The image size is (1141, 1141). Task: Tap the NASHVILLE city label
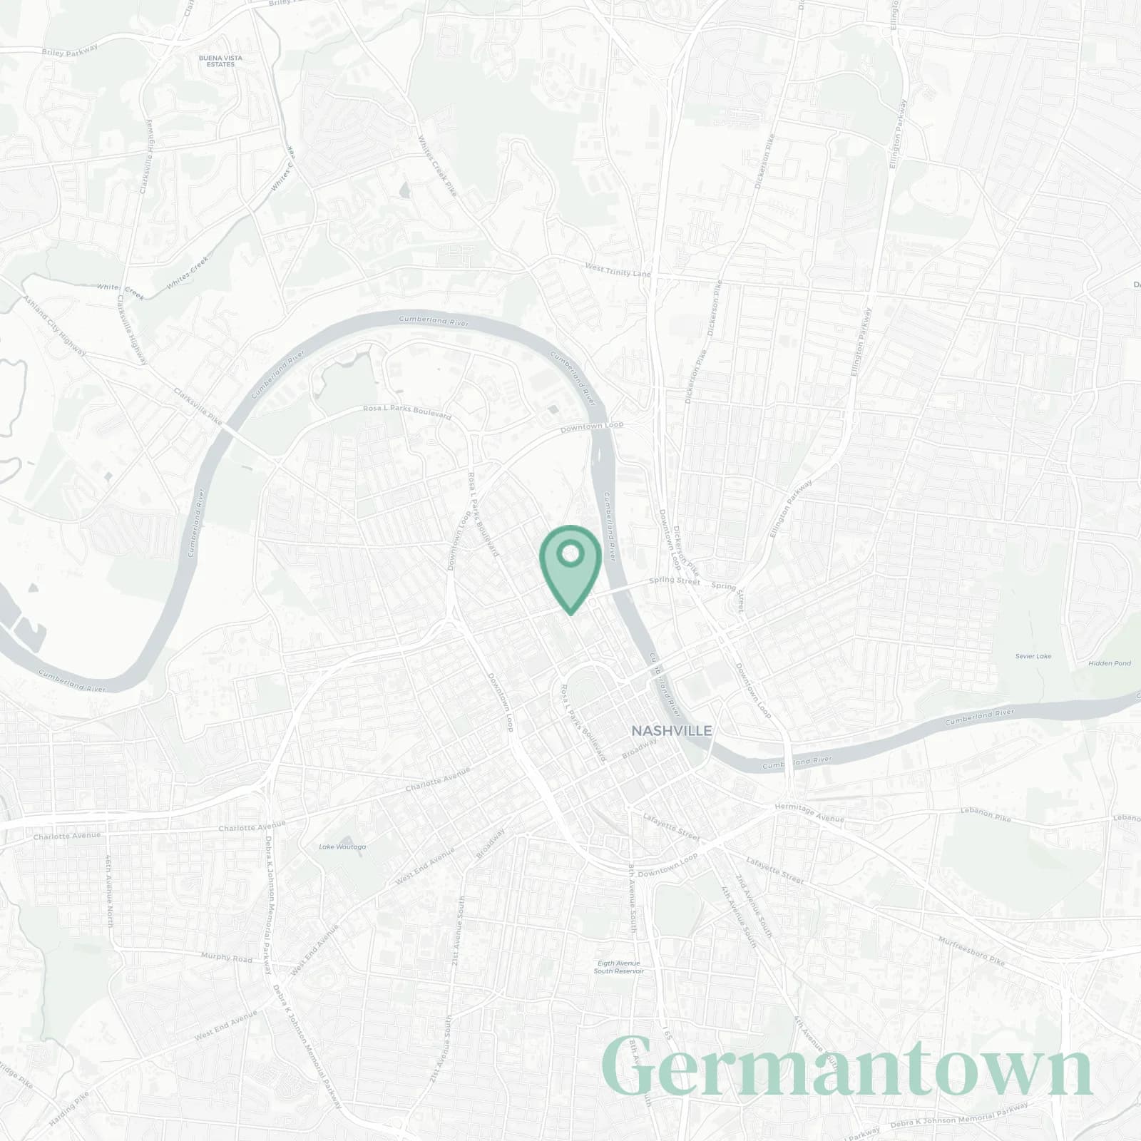pyautogui.click(x=671, y=731)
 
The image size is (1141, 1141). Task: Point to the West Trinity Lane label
pyautogui.click(x=618, y=270)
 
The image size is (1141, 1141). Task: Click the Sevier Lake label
pyautogui.click(x=1033, y=656)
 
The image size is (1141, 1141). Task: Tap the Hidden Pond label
pyautogui.click(x=1110, y=663)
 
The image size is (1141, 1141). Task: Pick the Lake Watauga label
pyautogui.click(x=342, y=847)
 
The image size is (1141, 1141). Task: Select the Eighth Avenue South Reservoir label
pyautogui.click(x=619, y=967)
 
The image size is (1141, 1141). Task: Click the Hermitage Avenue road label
pyautogui.click(x=809, y=812)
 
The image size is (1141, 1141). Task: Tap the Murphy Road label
pyautogui.click(x=227, y=957)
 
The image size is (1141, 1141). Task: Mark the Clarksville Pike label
pyautogui.click(x=198, y=406)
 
